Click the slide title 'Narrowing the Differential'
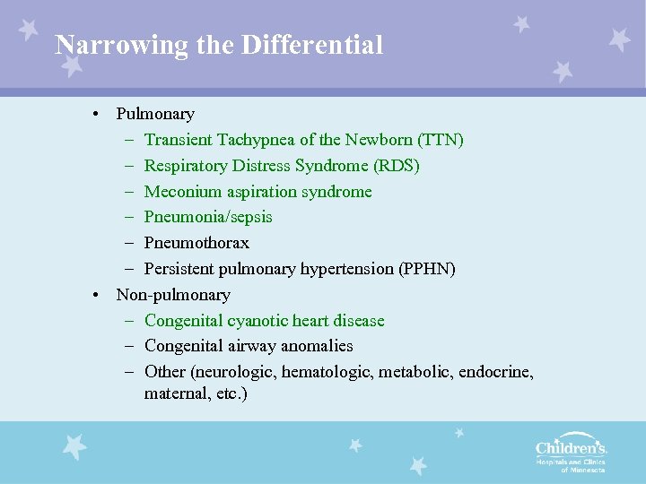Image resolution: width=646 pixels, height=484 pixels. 219,45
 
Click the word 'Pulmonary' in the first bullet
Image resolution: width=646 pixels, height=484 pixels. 155,114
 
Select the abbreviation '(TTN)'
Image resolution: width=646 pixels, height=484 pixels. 441,140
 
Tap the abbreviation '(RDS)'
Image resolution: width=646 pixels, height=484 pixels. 396,166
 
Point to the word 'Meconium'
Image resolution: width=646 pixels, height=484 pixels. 178,192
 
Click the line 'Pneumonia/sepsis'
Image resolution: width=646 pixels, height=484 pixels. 208,217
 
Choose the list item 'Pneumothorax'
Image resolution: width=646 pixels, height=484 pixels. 196,243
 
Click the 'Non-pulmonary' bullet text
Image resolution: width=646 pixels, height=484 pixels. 173,295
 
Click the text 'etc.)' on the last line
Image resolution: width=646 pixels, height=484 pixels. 231,393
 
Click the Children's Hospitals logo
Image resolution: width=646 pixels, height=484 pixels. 571,455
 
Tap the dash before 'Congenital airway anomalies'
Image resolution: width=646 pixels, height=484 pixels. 129,346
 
